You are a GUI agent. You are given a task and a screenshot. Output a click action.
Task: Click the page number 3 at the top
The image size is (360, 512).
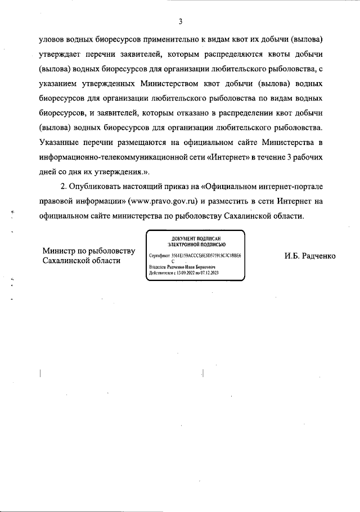click(x=180, y=22)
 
